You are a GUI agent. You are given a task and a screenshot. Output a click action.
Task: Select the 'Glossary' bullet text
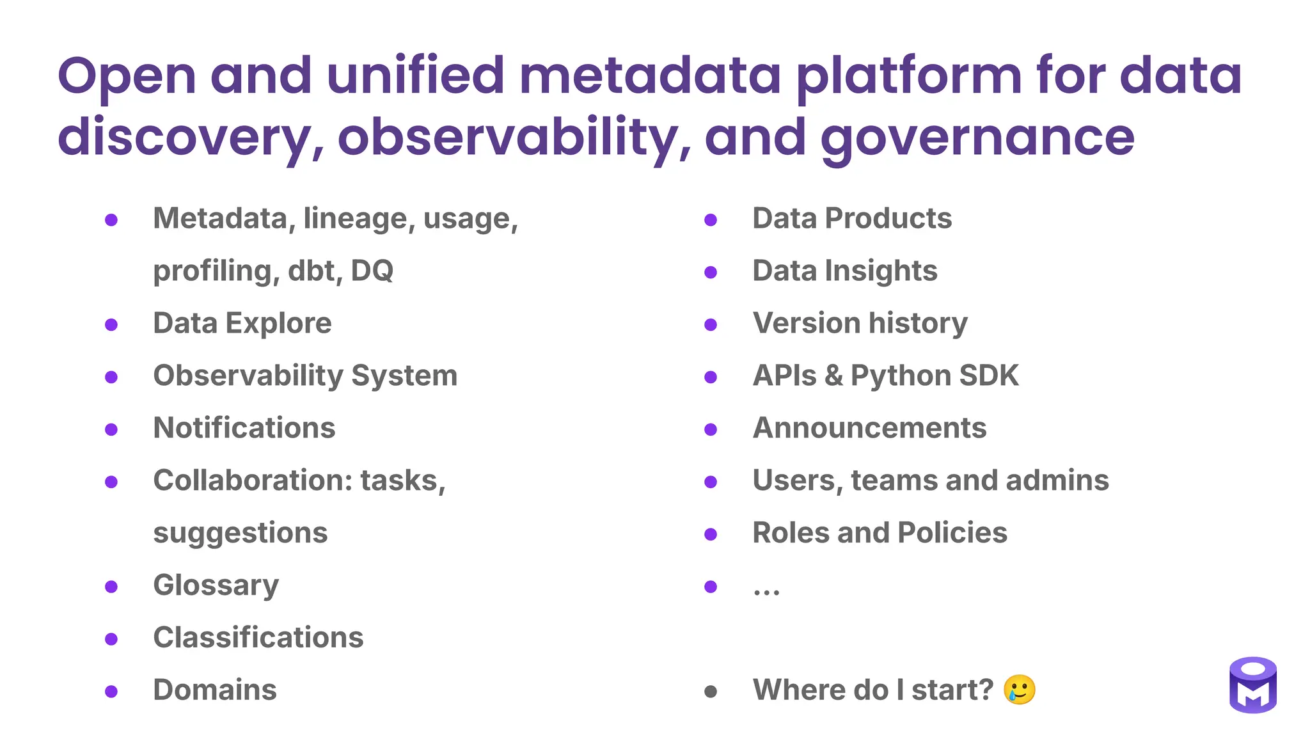(x=216, y=585)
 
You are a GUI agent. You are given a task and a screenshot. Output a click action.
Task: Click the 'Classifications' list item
(x=258, y=638)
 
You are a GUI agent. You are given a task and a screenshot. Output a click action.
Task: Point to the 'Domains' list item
(x=214, y=690)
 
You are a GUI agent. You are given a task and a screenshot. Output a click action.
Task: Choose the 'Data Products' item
(x=851, y=219)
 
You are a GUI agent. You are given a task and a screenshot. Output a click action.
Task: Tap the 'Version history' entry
(x=860, y=324)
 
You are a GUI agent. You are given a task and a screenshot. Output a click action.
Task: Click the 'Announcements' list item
(x=869, y=429)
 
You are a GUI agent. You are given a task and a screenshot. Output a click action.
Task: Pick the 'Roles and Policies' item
(x=879, y=533)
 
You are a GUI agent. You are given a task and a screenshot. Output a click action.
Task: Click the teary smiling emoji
(x=1020, y=690)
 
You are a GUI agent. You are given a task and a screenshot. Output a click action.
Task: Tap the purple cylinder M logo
(x=1252, y=685)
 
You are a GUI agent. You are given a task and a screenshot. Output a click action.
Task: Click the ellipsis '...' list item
(x=766, y=589)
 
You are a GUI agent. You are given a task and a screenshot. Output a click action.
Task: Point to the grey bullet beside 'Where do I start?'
(x=710, y=692)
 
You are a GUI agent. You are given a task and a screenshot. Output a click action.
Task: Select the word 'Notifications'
(x=244, y=429)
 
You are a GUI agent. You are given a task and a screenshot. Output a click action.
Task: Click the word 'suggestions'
(x=240, y=534)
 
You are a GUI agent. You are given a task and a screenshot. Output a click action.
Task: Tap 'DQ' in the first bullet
(x=372, y=271)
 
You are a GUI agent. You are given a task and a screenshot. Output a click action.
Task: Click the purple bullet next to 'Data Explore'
(x=111, y=325)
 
